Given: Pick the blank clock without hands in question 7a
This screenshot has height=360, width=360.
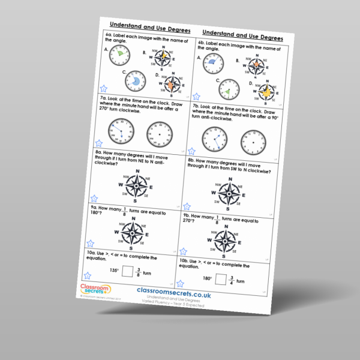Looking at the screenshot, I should click(x=159, y=133).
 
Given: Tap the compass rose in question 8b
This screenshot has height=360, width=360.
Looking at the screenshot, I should click(x=229, y=193).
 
